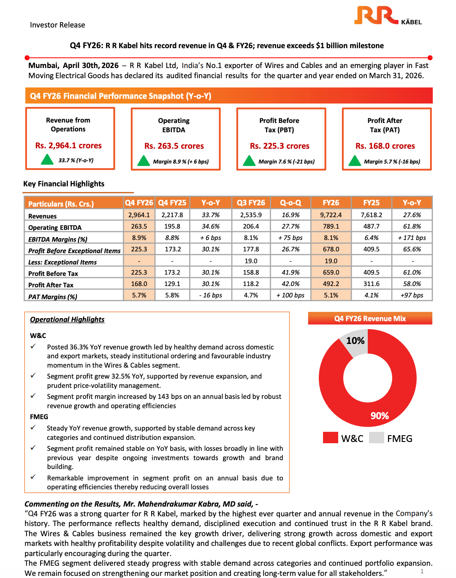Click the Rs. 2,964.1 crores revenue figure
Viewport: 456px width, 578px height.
[68, 146]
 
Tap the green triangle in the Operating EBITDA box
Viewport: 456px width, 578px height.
[144, 161]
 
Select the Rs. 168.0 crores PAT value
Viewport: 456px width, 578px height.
[385, 146]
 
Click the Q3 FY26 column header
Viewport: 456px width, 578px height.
[251, 203]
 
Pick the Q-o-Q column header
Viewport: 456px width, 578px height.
[290, 203]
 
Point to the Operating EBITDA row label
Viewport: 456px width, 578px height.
[55, 228]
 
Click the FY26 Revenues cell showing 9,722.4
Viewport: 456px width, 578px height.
[331, 215]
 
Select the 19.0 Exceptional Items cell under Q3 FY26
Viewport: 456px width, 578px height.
[251, 261]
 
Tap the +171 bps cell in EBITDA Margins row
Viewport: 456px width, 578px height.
[412, 238]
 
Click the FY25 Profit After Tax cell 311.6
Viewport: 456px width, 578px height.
[372, 284]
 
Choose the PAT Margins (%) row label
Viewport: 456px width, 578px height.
[53, 297]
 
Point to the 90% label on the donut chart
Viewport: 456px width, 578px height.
[380, 416]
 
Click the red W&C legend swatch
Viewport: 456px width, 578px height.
[330, 438]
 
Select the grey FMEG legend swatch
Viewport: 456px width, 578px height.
[376, 438]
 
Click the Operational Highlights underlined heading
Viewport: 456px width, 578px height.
[67, 320]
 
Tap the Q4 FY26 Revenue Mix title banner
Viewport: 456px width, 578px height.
[370, 319]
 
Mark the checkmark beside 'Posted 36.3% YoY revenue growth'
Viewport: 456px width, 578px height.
[33, 346]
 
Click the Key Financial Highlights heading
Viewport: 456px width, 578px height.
[64, 184]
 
